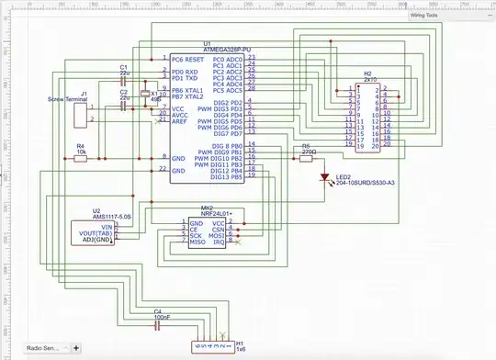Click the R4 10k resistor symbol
pos(80,158)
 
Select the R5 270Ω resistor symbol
pos(305,158)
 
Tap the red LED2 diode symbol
pos(322,177)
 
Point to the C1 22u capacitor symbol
pos(122,78)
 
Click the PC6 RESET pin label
pos(187,58)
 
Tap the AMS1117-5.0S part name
pos(111,217)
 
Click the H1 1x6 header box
pos(212,346)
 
